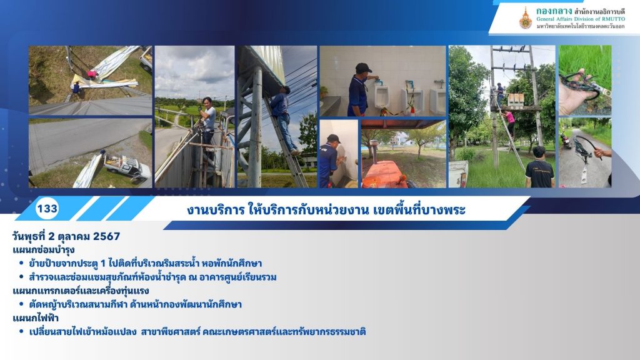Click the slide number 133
click(x=47, y=209)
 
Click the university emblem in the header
click(x=525, y=18)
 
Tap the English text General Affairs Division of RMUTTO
click(x=581, y=19)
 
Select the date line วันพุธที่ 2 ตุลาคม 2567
click(x=66, y=236)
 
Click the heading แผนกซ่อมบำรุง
click(x=44, y=250)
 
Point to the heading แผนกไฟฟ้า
click(x=36, y=317)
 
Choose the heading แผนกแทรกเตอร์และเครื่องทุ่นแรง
click(x=81, y=291)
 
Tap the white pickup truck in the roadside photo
click(x=126, y=166)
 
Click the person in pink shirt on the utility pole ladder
click(x=509, y=123)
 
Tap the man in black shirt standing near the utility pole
click(x=539, y=167)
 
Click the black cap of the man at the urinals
click(x=363, y=67)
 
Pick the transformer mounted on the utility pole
click(x=516, y=99)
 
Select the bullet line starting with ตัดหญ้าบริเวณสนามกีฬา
click(x=135, y=304)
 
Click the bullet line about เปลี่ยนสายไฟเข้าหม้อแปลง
click(x=197, y=331)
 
